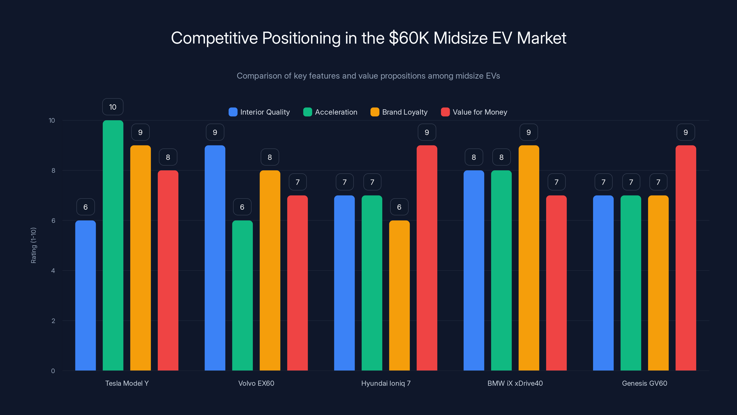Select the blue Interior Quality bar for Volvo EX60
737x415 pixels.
(x=215, y=258)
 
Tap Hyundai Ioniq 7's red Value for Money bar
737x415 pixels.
(x=427, y=258)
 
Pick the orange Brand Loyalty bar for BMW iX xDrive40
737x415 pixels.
(x=529, y=258)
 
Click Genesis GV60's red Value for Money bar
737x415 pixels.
(x=686, y=258)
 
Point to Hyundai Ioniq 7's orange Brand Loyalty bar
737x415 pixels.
(x=399, y=295)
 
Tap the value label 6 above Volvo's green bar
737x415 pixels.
(x=242, y=207)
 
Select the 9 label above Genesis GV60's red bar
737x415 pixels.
(x=686, y=132)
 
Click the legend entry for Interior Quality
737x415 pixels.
(x=259, y=112)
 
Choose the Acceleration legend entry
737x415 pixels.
(x=330, y=112)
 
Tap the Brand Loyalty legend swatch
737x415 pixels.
(x=375, y=112)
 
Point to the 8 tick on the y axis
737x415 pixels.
(x=53, y=171)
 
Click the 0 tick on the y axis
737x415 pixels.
(x=53, y=371)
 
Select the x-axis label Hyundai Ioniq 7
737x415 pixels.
(x=386, y=383)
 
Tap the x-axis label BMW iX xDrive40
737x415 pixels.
(x=515, y=383)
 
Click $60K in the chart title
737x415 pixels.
(x=409, y=38)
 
